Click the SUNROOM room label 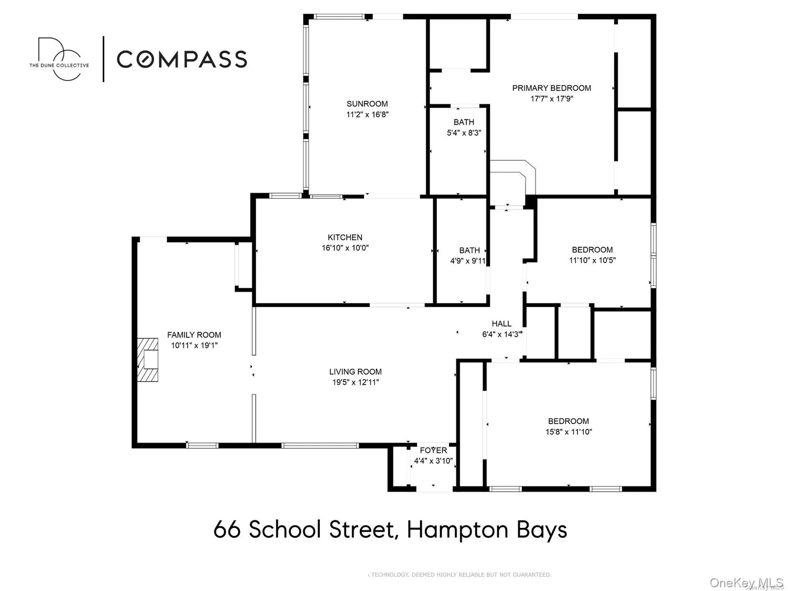367,104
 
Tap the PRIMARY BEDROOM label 551,88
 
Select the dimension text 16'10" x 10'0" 345,248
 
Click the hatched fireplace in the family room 148,360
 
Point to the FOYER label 433,450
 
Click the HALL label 501,323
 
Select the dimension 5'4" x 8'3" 464,133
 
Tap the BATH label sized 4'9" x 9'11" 469,251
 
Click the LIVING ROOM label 355,372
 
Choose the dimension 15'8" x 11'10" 568,432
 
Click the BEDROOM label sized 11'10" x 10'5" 592,250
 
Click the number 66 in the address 227,530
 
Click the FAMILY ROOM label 194,335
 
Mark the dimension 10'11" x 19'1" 194,345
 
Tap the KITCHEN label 345,237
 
